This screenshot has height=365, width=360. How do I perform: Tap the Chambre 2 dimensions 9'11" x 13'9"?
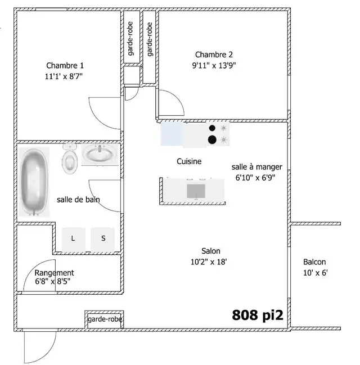214,65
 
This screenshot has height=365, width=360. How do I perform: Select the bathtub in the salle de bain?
34,182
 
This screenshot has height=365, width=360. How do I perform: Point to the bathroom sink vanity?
100,154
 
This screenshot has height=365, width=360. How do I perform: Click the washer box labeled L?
73,238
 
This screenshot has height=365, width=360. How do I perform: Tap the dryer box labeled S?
103,238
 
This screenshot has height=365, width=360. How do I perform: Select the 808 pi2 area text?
257,315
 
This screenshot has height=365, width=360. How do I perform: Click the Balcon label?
314,262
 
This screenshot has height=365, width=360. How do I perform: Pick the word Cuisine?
189,161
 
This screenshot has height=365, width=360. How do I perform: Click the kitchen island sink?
196,191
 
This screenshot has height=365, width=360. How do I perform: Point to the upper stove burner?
212,128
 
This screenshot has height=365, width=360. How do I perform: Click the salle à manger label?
256,167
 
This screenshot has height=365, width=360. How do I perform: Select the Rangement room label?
54,272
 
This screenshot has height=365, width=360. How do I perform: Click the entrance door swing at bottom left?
38,346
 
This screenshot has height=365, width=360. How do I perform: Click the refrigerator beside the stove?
172,134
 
